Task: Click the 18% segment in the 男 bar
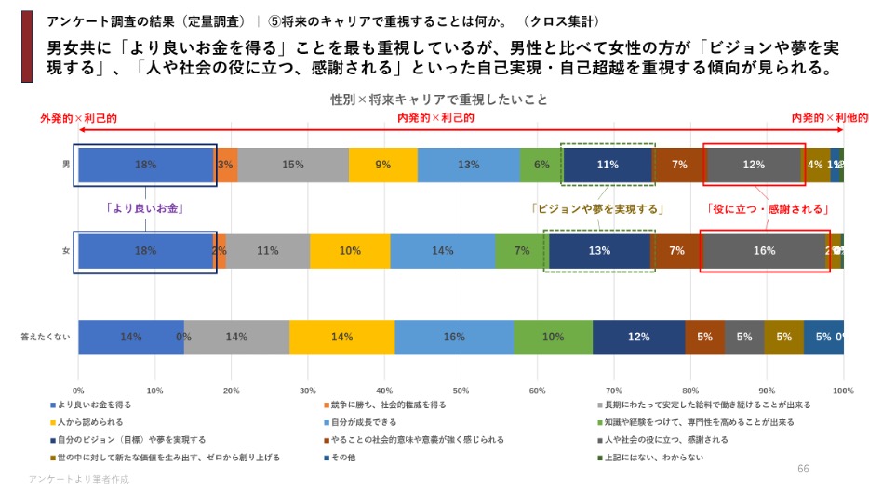point(146,165)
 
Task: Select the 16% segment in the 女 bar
point(764,251)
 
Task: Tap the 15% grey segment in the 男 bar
point(293,165)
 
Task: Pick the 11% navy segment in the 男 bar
point(608,165)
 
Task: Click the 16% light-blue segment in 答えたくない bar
point(455,337)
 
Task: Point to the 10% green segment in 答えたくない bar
point(553,337)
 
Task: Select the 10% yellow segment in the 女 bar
point(350,251)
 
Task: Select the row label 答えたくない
point(45,338)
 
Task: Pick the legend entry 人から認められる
point(89,422)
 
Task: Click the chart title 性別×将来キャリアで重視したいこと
point(439,100)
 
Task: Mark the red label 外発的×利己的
point(78,118)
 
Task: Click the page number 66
point(804,468)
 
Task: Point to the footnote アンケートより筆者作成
point(79,479)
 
